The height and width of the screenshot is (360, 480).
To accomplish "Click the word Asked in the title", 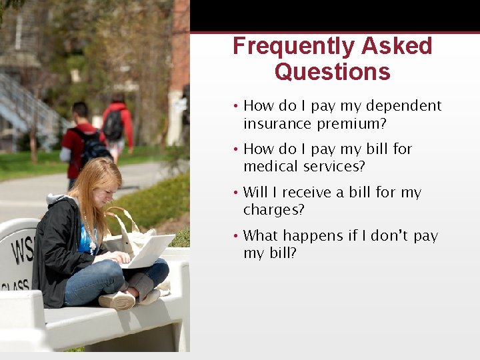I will tap(397, 47).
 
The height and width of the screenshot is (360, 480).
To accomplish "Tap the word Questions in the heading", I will tap(332, 71).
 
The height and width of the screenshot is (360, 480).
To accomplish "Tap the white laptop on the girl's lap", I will tap(150, 251).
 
